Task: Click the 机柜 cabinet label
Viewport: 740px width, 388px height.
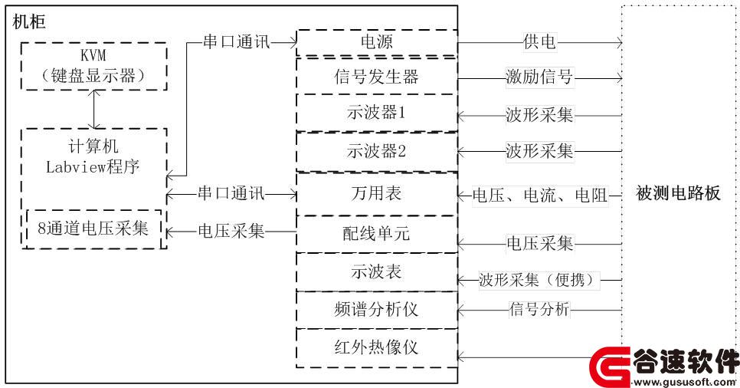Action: coord(29,21)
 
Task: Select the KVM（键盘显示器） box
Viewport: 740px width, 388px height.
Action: coord(94,66)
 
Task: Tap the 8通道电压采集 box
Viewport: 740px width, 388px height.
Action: coord(94,229)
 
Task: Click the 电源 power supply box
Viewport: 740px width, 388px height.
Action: coord(377,42)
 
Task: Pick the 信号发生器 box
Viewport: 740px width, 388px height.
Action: coord(377,76)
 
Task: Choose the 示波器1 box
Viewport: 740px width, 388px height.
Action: coord(377,113)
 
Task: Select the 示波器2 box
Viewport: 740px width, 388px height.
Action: coord(377,151)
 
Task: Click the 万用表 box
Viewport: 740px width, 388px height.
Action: coord(377,194)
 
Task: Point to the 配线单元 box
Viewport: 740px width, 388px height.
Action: coord(377,234)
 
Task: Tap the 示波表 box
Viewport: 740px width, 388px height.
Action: coord(377,271)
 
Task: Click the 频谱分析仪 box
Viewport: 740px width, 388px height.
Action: coord(377,310)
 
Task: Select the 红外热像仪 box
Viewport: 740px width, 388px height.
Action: coord(377,348)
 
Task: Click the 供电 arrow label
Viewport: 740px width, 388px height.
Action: coord(539,41)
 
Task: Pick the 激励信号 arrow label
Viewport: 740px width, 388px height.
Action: coord(539,77)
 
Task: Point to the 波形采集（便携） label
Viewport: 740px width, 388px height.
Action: coord(539,280)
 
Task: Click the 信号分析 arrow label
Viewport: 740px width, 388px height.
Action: coord(539,310)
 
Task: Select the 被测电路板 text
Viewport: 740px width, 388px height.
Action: coord(678,193)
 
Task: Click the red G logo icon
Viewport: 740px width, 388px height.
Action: coord(610,367)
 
